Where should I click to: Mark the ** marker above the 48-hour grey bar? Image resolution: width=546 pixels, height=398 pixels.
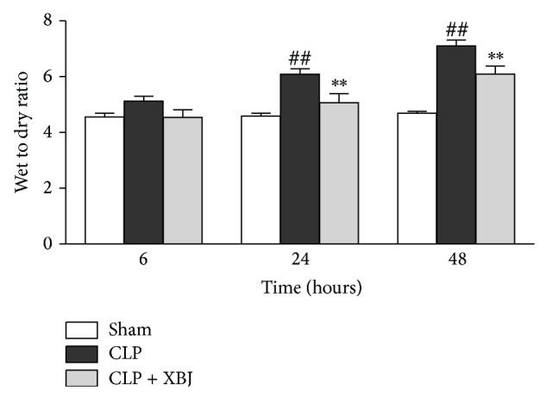coord(495,54)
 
